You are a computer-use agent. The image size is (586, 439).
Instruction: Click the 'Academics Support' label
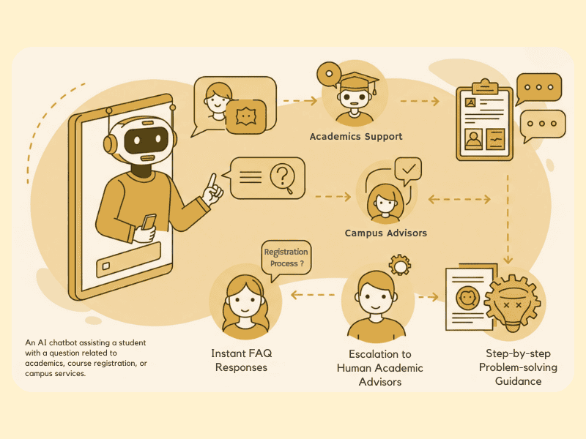[x=356, y=137]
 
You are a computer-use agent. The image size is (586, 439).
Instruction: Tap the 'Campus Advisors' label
[x=386, y=233]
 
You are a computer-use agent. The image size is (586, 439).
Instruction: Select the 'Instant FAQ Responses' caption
[x=241, y=360]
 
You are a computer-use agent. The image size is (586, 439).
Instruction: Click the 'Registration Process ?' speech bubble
[x=285, y=258]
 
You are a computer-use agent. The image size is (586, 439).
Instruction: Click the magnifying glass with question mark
[x=282, y=178]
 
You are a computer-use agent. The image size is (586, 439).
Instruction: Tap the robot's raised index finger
[x=211, y=181]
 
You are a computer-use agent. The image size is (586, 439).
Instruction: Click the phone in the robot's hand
[x=149, y=222]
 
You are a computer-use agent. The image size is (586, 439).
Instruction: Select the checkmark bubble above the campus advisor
[x=408, y=171]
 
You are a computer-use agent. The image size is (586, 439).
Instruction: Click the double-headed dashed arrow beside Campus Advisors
[x=459, y=198]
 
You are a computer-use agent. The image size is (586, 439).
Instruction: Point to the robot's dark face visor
[x=144, y=140]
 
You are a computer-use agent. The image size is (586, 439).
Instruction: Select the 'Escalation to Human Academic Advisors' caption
[x=379, y=368]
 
